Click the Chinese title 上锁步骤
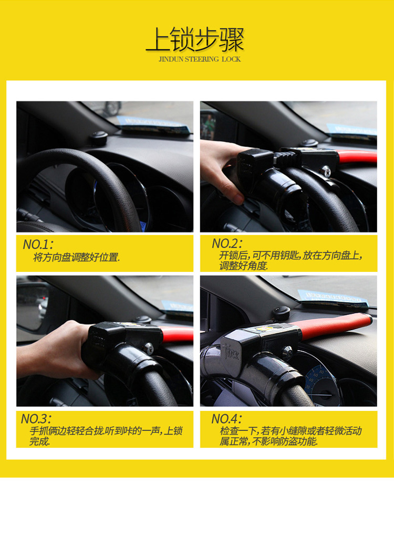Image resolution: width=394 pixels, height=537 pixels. coord(195,40)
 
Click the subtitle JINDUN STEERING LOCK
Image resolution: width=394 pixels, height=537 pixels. coord(200,59)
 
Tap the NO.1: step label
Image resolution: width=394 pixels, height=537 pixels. coord(38,244)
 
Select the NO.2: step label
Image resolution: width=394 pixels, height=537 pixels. coord(227,243)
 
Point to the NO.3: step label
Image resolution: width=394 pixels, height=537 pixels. coord(36,418)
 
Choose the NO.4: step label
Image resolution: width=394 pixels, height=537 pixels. coord(226,418)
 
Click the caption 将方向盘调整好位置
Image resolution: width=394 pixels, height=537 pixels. coord(76,257)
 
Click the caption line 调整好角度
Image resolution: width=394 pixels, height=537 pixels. coord(244,266)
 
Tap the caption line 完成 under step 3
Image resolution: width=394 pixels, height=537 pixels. coord(40,441)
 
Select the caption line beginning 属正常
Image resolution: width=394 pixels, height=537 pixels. coord(268,441)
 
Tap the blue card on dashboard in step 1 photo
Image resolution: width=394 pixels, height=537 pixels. coord(153,124)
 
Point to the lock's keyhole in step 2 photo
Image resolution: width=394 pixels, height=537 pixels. coord(326,170)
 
